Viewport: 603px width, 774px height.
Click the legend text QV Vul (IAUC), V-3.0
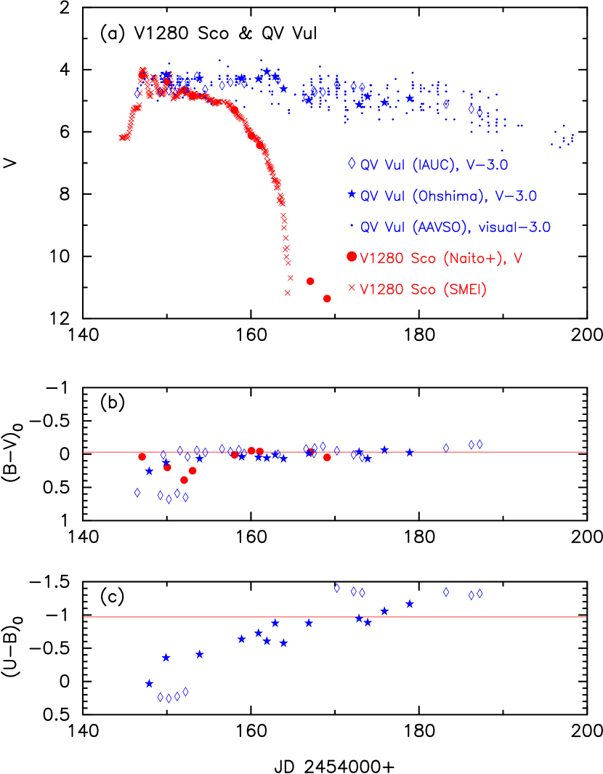tap(434, 165)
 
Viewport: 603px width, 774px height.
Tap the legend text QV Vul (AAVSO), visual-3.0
tap(456, 227)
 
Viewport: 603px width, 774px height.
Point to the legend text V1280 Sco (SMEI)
tap(423, 289)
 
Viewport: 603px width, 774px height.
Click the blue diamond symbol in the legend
tap(352, 164)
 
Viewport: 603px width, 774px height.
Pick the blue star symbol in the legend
tap(352, 195)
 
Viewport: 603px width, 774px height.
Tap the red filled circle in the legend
tap(352, 256)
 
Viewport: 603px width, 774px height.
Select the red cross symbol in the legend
tap(352, 288)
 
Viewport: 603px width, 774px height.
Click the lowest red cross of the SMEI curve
tap(288, 293)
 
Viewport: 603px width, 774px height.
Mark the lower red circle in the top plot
tap(327, 299)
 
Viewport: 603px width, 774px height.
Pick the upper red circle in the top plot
tap(310, 281)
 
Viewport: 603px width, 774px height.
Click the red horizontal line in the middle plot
tap(334, 452)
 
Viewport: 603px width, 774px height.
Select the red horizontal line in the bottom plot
tap(334, 617)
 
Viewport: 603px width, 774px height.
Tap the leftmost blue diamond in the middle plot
tap(137, 493)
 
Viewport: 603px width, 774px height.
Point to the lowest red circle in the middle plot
tap(184, 480)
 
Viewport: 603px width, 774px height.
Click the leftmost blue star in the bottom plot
tap(150, 684)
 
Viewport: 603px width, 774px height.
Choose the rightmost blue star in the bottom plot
tap(410, 604)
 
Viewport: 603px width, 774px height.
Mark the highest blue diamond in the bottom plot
tap(337, 588)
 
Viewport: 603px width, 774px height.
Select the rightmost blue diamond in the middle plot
tap(479, 444)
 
